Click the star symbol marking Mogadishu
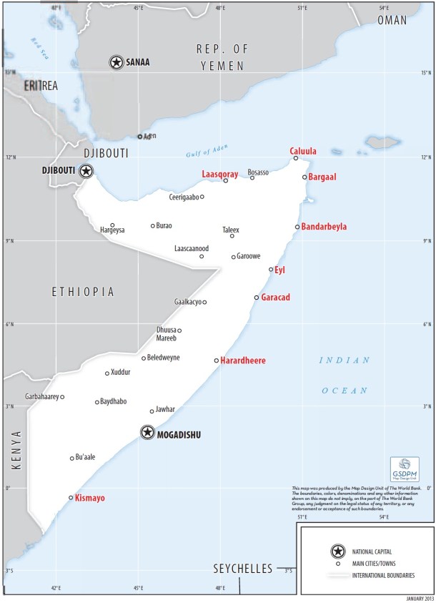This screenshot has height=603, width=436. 147,432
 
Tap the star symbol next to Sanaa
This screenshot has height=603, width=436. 116,62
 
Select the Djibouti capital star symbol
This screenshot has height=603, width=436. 86,170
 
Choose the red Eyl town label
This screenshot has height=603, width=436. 279,270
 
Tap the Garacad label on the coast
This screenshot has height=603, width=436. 275,298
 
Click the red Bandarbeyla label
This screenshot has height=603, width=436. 324,227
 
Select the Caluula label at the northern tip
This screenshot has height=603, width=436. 303,151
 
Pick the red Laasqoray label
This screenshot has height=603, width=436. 219,174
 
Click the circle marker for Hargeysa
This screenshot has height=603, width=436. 112,225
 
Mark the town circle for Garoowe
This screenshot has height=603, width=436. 233,257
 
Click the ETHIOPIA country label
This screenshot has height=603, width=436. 83,292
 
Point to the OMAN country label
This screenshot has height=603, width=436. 392,21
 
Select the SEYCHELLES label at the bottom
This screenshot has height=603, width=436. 243,569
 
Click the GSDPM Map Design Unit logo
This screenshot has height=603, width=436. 405,469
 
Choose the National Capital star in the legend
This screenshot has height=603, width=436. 335,551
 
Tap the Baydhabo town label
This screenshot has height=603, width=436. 113,401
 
